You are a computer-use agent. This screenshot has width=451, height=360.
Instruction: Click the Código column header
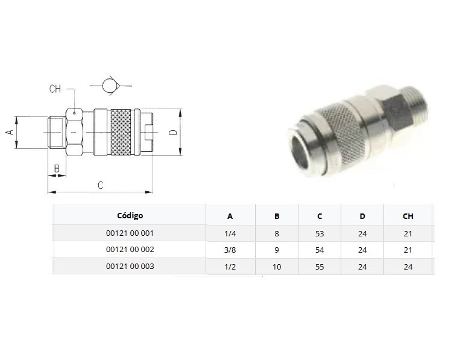(x=130, y=215)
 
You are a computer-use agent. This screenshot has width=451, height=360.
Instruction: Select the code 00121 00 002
(x=130, y=249)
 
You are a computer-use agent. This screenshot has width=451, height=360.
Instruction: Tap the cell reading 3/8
(x=230, y=250)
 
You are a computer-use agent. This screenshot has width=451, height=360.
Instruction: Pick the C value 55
(x=320, y=267)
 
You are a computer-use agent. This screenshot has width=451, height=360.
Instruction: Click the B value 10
(x=277, y=267)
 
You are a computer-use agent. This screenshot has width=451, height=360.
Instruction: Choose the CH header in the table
(x=408, y=216)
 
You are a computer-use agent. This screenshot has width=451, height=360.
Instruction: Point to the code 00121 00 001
(x=130, y=233)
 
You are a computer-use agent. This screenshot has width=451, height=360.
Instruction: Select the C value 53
(x=320, y=233)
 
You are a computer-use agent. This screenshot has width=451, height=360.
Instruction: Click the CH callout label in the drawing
(x=55, y=89)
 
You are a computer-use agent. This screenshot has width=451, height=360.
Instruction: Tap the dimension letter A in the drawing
(x=10, y=132)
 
